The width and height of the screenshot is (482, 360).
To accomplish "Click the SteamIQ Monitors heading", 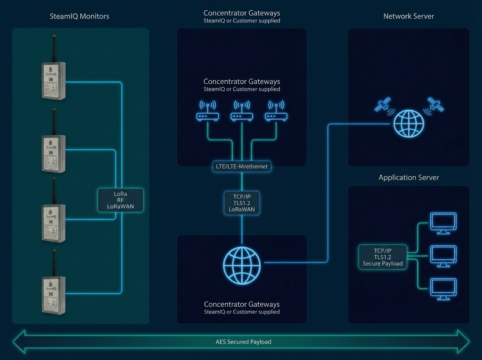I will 79,16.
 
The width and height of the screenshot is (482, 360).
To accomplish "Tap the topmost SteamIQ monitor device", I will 53,80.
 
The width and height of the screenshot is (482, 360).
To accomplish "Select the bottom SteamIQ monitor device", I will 53,295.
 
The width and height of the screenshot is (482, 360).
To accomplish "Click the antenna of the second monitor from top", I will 53,121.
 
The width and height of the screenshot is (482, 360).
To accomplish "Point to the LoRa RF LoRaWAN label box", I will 120,200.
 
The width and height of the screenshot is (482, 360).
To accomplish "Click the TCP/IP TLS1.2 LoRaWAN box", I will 241,203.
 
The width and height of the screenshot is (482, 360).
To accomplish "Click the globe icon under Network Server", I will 408,123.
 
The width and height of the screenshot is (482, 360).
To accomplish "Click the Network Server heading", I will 408,16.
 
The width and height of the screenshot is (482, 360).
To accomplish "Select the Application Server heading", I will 408,178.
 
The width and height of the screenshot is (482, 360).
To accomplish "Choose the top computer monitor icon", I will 443,223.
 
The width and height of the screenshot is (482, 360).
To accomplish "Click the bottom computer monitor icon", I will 443,289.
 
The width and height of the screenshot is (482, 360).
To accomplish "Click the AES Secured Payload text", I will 241,342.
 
